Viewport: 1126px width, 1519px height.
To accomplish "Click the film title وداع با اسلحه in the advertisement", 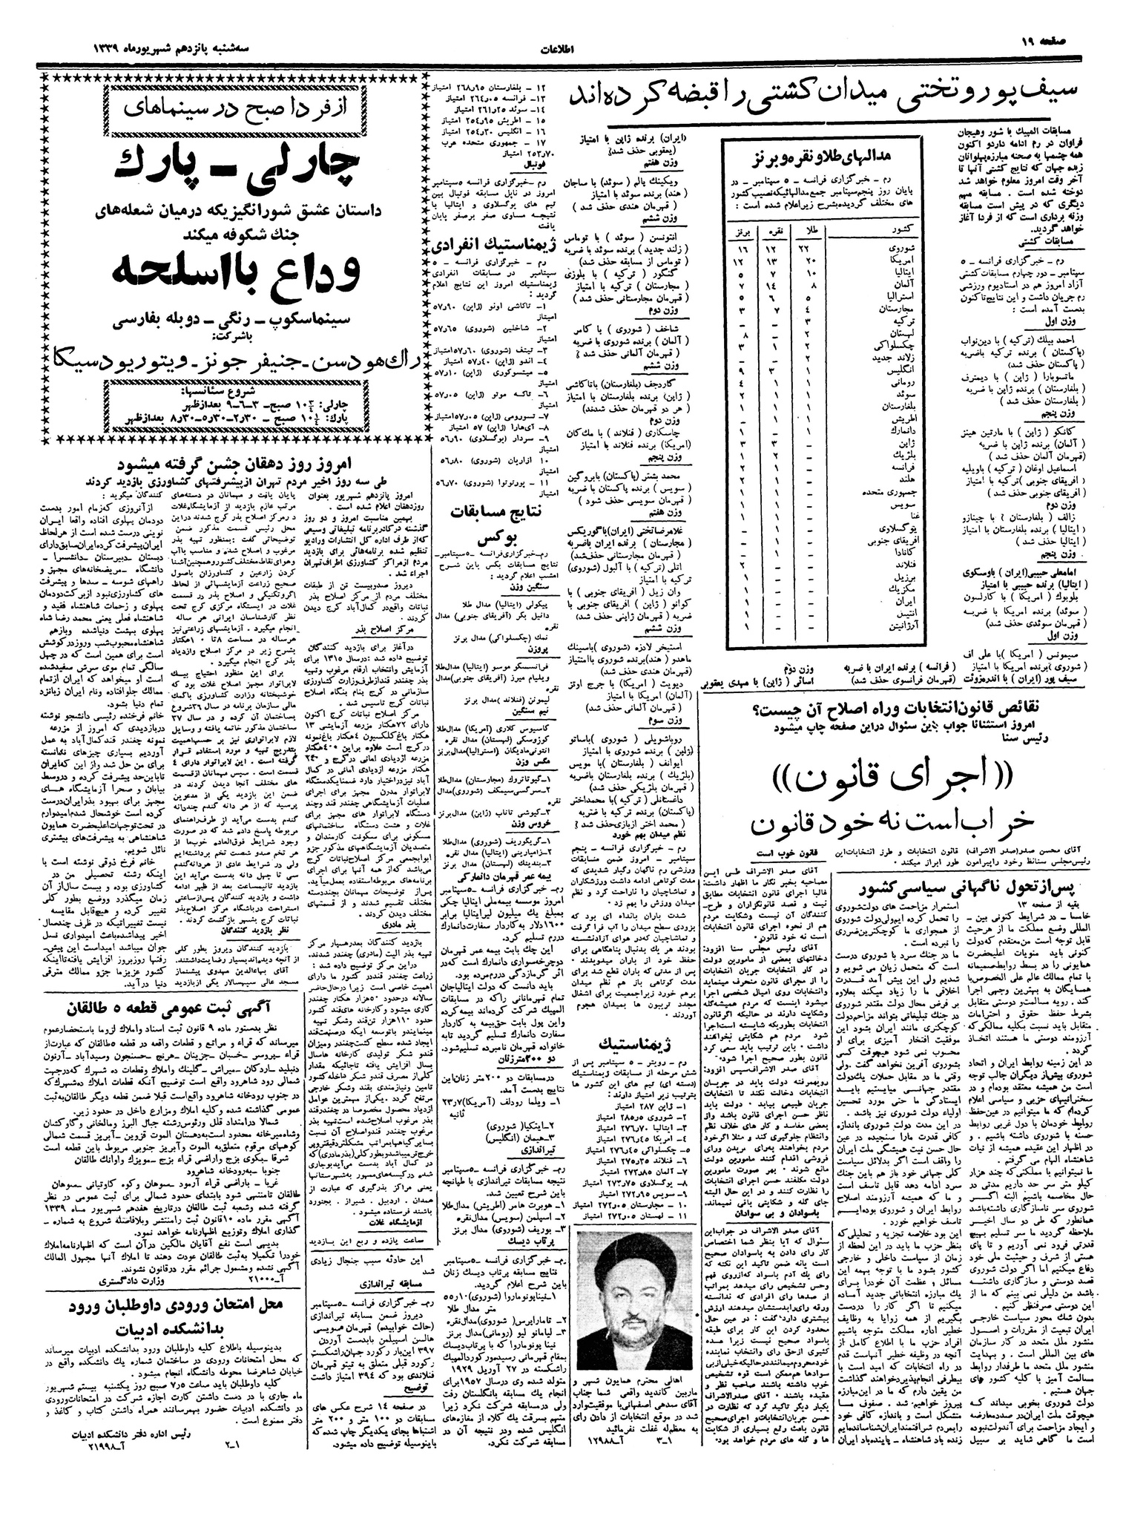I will (x=236, y=275).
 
